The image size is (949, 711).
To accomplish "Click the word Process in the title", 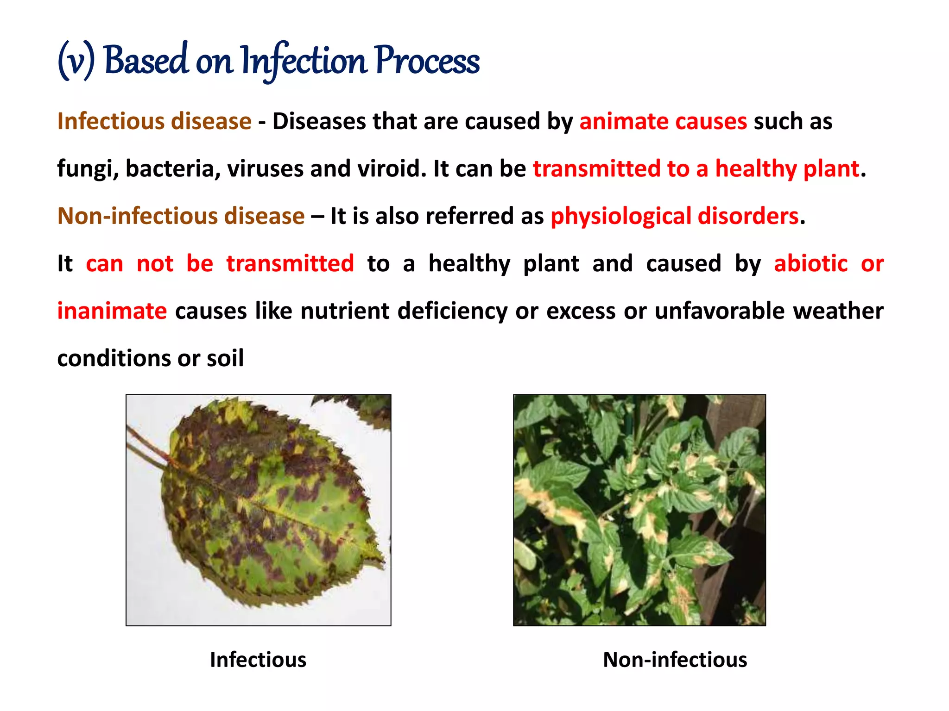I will (427, 61).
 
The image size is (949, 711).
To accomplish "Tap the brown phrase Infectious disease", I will (154, 122).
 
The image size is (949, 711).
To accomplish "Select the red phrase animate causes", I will (663, 122).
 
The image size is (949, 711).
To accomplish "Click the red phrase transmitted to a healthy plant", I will (696, 169).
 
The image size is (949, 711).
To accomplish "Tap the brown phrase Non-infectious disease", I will (181, 216).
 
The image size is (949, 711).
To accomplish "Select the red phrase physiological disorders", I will (675, 216).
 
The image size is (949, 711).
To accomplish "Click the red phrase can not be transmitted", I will (220, 264).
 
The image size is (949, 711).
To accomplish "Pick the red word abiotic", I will (811, 264).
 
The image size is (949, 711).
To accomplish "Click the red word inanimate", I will (112, 311).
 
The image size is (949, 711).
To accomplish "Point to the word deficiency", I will (452, 311).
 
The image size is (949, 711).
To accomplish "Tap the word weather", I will (838, 311).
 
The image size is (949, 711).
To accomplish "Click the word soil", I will (225, 358).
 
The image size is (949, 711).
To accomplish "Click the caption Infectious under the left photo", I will (258, 660).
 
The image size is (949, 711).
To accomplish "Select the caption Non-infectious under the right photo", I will (675, 660).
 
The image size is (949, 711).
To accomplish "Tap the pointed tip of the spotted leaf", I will (382, 564).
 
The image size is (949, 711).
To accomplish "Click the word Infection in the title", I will (304, 61).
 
